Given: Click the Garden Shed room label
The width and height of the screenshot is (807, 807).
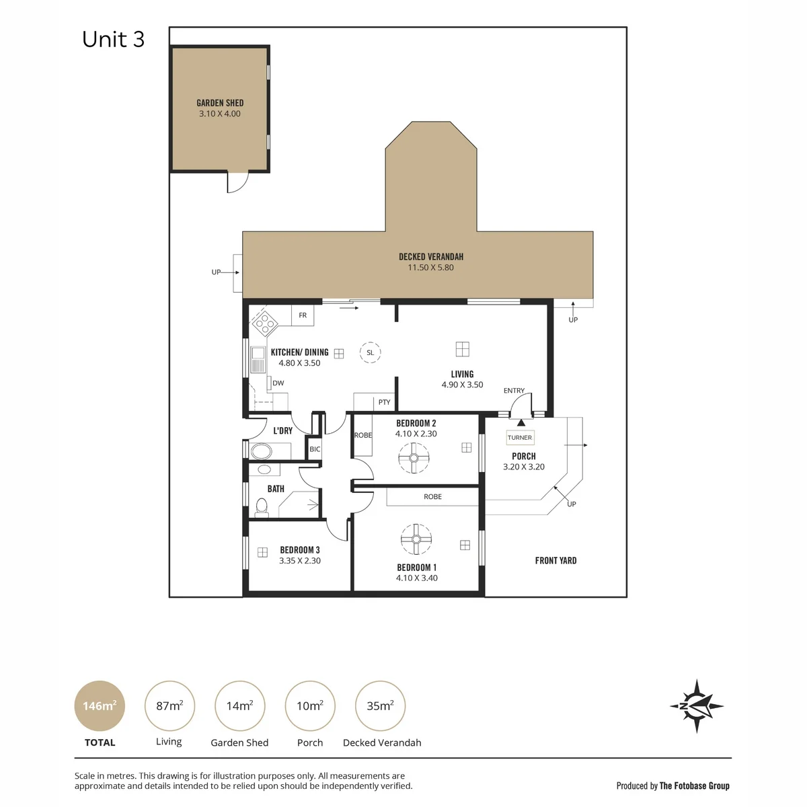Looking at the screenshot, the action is pos(220,103).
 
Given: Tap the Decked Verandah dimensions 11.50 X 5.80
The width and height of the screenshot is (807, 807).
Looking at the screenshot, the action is pos(430,268).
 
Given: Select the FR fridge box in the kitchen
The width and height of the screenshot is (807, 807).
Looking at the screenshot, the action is pos(303,315).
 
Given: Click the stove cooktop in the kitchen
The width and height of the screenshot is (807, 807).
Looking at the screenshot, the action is pos(265,323).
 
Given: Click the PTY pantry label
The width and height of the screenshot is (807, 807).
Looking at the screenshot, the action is pos(384,402).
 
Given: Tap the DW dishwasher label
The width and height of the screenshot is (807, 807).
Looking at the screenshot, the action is pos(278,383).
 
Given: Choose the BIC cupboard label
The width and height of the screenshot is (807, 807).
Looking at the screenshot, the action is pos(315,449).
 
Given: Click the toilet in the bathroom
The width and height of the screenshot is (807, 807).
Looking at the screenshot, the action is pos(262,507).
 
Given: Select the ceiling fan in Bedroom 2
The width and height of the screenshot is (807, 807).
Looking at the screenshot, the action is pos(414,458).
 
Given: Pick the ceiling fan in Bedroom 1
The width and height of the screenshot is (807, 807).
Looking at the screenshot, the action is pos(416,539).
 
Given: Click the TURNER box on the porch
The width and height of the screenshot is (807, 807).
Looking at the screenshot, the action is pos(520,438).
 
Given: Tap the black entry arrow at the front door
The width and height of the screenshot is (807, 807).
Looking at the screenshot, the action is pos(521,422).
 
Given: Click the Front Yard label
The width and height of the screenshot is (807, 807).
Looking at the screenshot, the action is pos(555,560).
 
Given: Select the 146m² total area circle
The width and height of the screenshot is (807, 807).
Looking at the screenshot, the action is pos(100,705).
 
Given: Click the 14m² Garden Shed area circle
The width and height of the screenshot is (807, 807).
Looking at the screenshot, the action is pos(239,705).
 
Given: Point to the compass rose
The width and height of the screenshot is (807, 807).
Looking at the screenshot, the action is pos(697,706).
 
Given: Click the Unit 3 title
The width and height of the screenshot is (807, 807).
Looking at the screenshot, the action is pos(113,40).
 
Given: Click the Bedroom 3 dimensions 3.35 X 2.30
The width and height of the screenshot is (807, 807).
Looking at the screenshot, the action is pos(300,560).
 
